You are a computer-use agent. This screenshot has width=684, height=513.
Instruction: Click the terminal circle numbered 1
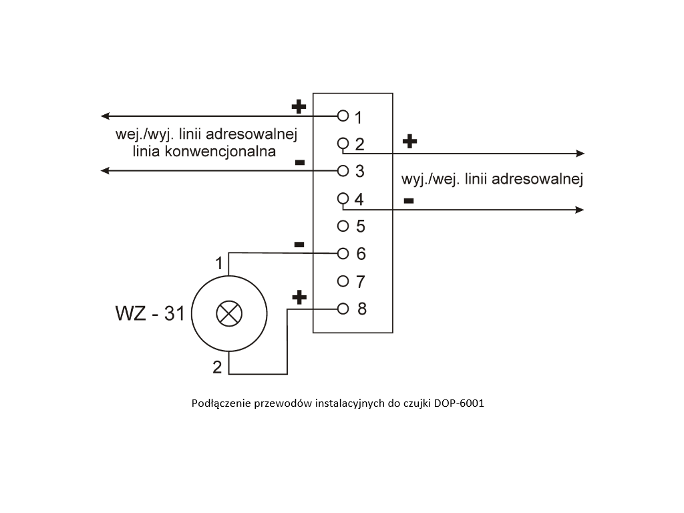pyautogui.click(x=343, y=116)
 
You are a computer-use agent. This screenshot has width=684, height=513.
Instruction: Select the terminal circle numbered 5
pyautogui.click(x=343, y=226)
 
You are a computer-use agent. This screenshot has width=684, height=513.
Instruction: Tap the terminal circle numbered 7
pyautogui.click(x=343, y=281)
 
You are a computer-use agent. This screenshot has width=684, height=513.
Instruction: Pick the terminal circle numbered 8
pyautogui.click(x=343, y=309)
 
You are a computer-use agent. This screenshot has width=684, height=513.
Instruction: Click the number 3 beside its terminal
pyautogui.click(x=359, y=172)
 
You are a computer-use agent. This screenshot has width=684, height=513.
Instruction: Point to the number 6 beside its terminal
pyautogui.click(x=361, y=254)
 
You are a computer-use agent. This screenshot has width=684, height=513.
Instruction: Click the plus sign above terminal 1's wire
pyautogui.click(x=299, y=106)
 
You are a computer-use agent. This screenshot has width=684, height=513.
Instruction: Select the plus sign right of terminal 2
pyautogui.click(x=409, y=142)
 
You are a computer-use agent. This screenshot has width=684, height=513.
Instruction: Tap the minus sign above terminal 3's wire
pyautogui.click(x=300, y=163)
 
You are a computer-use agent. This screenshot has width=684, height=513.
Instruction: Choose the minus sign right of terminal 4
pyautogui.click(x=409, y=200)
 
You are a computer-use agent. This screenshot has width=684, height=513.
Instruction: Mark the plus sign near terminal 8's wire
pyautogui.click(x=299, y=297)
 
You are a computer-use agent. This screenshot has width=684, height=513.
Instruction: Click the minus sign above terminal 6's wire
pyautogui.click(x=299, y=244)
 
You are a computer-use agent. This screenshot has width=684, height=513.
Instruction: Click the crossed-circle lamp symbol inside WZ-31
pyautogui.click(x=229, y=314)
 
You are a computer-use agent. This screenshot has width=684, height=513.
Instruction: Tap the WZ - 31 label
pyautogui.click(x=150, y=313)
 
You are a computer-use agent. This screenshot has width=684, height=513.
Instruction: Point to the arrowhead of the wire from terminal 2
pyautogui.click(x=580, y=154)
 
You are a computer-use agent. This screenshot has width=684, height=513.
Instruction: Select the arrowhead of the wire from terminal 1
pyautogui.click(x=105, y=116)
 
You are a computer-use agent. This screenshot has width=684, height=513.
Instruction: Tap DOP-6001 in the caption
pyautogui.click(x=459, y=403)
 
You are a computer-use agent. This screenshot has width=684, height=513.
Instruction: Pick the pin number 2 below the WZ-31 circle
pyautogui.click(x=217, y=367)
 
